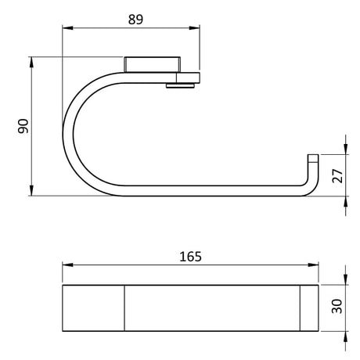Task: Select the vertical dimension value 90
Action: pyautogui.click(x=23, y=125)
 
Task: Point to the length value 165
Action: pyautogui.click(x=189, y=256)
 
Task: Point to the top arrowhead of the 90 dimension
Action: pyautogui.click(x=32, y=60)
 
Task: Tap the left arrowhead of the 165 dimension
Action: pyautogui.click(x=67, y=266)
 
